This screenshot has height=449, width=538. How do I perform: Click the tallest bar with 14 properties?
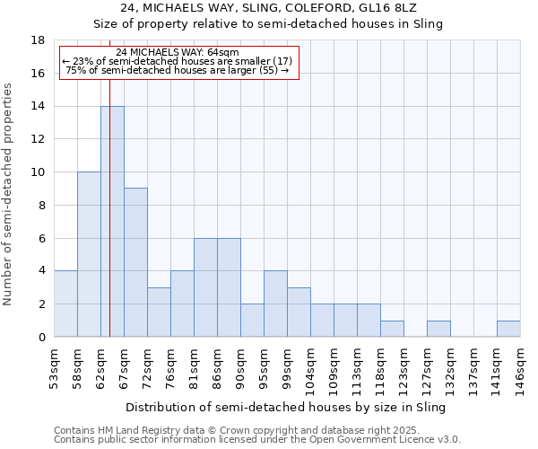(x=112, y=221)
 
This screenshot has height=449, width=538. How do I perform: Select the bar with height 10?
(x=89, y=254)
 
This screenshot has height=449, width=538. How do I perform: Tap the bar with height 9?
(x=135, y=262)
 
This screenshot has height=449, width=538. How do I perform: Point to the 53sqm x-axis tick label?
(x=54, y=367)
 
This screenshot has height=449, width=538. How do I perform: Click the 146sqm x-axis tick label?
(x=520, y=367)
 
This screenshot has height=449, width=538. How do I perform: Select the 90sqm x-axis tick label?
(x=240, y=367)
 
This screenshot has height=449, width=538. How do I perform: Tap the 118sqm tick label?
(x=380, y=367)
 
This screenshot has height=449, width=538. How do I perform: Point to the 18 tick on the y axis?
(x=39, y=40)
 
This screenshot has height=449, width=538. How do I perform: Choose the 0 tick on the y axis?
(x=42, y=337)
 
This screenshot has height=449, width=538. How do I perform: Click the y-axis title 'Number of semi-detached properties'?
(x=9, y=194)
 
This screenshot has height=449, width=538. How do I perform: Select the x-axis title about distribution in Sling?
(x=286, y=407)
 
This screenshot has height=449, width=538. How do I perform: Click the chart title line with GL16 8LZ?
(x=268, y=8)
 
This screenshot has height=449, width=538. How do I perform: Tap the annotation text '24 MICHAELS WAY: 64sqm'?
(x=178, y=52)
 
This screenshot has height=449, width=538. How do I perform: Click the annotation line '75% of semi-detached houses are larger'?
(x=178, y=70)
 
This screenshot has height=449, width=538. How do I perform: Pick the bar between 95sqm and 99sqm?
(x=275, y=304)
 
